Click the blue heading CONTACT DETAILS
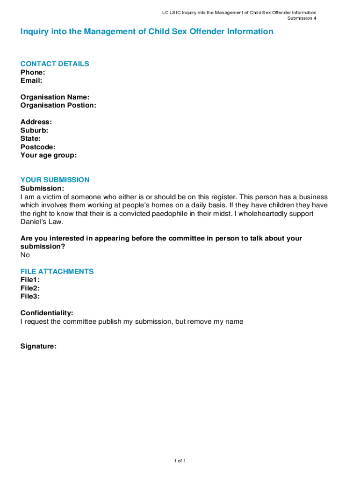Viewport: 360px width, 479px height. (x=55, y=64)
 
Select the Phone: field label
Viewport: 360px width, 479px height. (x=33, y=73)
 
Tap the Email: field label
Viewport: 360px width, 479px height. (x=31, y=80)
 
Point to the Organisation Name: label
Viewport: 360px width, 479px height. (x=55, y=97)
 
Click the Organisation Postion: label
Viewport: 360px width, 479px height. (x=58, y=105)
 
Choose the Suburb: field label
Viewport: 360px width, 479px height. (x=34, y=131)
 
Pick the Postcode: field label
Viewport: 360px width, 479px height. (x=38, y=147)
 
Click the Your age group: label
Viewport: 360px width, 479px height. (x=49, y=155)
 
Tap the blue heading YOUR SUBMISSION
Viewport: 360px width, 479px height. (x=55, y=180)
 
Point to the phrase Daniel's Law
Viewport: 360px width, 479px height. (x=42, y=222)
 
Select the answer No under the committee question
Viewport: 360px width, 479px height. (x=25, y=255)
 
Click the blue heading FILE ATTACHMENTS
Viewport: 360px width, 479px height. (x=57, y=272)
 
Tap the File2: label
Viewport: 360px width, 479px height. (x=30, y=288)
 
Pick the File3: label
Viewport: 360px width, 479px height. (x=30, y=297)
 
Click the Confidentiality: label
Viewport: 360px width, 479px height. (x=47, y=313)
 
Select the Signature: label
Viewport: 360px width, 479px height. (x=38, y=347)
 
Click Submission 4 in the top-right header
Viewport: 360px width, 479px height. (x=302, y=18)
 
